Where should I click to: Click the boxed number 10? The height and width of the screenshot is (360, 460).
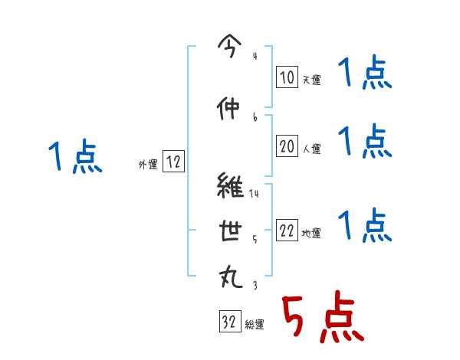coord(287,77)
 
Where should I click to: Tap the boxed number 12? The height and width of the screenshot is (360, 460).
coord(173,162)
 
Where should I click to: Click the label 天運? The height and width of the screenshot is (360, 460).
coord(311,79)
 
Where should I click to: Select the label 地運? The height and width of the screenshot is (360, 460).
coord(311,234)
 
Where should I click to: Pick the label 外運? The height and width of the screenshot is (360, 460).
coord(148,164)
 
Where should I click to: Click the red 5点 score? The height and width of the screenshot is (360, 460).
coord(320,318)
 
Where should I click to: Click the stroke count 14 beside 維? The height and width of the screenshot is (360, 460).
coord(255,193)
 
